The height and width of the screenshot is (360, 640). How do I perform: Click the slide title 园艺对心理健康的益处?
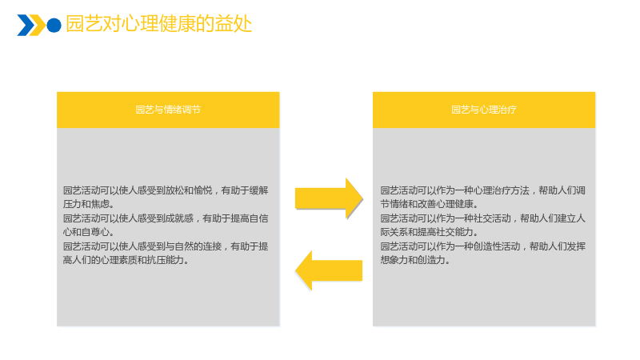click(x=158, y=24)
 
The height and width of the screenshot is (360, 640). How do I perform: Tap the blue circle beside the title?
click(x=54, y=26)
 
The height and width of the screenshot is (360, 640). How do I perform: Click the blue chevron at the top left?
click(x=26, y=26)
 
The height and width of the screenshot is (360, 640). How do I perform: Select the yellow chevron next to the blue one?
click(x=38, y=26)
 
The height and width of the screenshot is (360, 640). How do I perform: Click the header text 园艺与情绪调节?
click(x=168, y=110)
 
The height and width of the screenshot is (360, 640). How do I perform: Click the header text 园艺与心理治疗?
click(x=484, y=110)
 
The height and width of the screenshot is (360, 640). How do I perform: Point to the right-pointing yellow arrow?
click(x=329, y=198)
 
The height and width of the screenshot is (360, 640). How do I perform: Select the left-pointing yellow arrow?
click(x=329, y=270)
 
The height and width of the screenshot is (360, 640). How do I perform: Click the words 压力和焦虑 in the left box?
click(x=86, y=204)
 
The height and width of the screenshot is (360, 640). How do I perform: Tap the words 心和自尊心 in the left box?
click(x=86, y=232)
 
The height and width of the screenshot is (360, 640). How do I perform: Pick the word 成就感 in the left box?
click(x=179, y=218)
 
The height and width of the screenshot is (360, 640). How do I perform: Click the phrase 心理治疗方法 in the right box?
click(x=502, y=190)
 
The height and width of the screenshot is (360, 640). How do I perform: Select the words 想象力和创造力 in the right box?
click(x=413, y=260)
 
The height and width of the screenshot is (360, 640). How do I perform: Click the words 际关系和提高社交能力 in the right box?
click(x=426, y=232)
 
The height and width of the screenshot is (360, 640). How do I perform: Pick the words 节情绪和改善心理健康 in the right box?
click(x=426, y=204)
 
